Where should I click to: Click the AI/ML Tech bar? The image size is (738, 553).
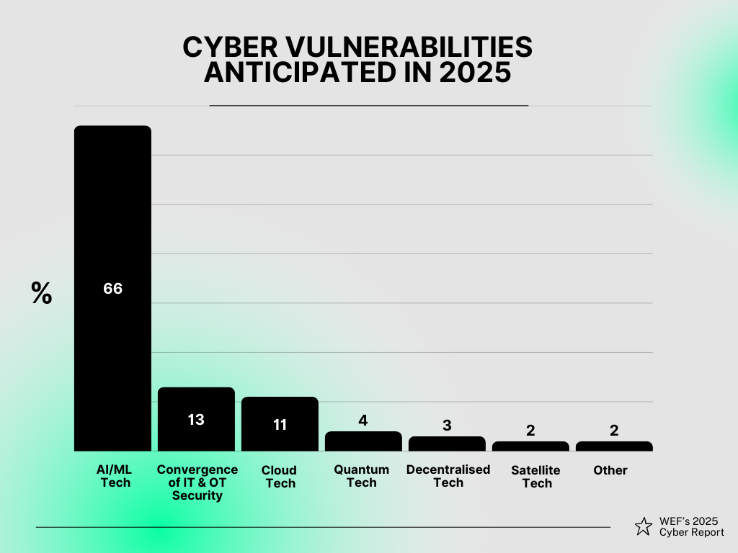[112, 216]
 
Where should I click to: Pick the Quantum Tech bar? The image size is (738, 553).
[363, 441]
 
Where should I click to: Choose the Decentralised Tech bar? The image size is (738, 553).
[447, 444]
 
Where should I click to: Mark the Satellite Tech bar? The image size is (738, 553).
[530, 446]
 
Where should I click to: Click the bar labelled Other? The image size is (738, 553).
[614, 446]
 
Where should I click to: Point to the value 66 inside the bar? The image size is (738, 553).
[112, 289]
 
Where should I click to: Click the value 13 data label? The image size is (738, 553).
[196, 419]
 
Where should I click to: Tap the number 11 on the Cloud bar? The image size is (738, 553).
[280, 425]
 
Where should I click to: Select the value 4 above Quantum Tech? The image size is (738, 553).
[363, 421]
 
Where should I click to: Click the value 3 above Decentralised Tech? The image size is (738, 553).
[447, 426]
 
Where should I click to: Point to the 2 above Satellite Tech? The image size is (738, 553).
[530, 431]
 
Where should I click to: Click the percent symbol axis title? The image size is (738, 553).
[42, 293]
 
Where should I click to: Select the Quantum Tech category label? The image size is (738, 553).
[362, 476]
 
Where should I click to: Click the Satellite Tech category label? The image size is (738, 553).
[536, 477]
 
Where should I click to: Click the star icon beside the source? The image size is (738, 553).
[644, 526]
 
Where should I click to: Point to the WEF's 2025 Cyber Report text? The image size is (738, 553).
[691, 526]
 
